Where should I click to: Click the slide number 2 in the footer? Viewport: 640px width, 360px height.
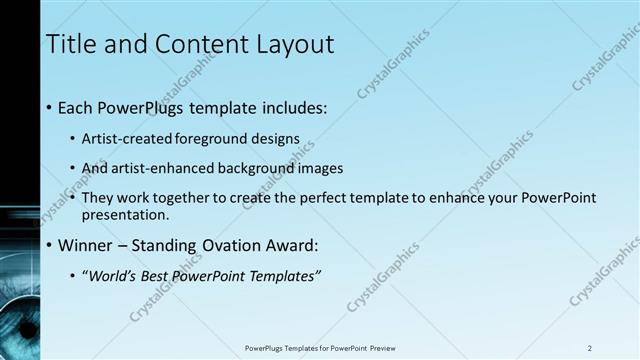pyautogui.click(x=589, y=348)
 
